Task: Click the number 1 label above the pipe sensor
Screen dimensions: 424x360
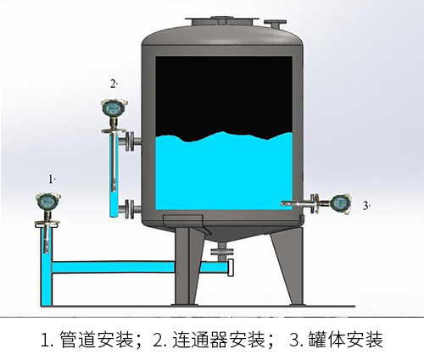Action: (51, 179)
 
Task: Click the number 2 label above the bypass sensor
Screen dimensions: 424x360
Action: (113, 84)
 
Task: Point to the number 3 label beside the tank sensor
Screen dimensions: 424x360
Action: (365, 206)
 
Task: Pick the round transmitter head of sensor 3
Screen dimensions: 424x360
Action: (341, 202)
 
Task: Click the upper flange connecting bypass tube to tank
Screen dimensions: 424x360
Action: (129, 141)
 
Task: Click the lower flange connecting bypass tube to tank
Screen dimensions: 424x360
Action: (129, 208)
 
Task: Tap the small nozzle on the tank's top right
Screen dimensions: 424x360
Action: (275, 24)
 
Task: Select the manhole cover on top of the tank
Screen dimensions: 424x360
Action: (222, 21)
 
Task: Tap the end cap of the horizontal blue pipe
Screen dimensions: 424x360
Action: (231, 268)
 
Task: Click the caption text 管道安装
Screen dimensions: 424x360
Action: (97, 340)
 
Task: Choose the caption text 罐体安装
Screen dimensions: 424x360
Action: (346, 340)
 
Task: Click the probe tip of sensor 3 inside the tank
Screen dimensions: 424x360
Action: (283, 202)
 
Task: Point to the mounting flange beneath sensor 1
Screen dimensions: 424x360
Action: (47, 224)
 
